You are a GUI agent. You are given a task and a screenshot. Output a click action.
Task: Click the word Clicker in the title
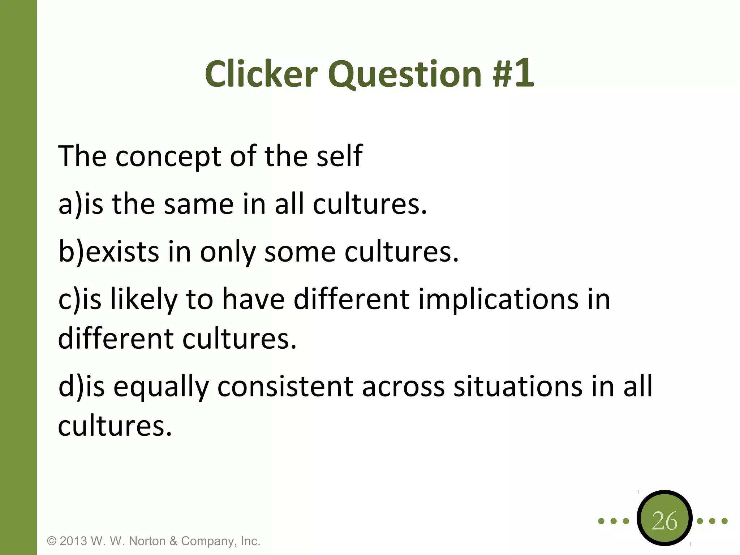[261, 74]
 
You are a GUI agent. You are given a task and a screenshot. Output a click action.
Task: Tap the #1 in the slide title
[513, 74]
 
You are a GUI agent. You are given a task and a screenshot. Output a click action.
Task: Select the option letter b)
[71, 251]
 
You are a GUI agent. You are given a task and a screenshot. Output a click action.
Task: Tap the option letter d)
[71, 387]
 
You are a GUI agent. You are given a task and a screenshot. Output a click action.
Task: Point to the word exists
[122, 251]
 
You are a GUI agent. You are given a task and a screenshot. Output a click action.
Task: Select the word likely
[144, 300]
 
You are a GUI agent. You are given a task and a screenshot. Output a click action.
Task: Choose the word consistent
[285, 387]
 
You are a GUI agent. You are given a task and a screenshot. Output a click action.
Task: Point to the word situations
[518, 387]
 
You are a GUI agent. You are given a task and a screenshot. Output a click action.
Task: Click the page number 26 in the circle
[664, 521]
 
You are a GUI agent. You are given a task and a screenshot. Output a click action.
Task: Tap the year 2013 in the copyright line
[73, 541]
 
